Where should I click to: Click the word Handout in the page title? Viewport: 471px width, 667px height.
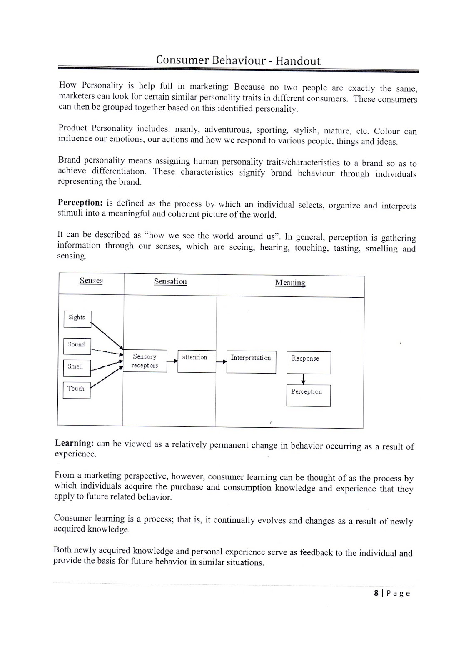click(298, 61)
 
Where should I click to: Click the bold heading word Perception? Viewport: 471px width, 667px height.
click(80, 203)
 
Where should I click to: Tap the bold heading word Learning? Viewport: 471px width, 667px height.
click(74, 443)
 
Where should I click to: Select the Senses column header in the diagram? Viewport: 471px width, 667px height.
click(91, 281)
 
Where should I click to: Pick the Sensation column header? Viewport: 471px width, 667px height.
click(170, 281)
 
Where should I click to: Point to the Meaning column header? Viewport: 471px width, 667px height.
click(290, 283)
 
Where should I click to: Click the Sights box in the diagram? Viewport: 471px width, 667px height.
click(77, 318)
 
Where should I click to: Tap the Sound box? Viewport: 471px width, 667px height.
click(77, 345)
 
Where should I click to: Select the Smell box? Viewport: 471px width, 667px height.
click(76, 367)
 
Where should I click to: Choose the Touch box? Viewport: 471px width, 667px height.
click(76, 389)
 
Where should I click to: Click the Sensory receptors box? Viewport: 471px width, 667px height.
click(145, 361)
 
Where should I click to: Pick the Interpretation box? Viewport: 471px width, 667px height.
click(251, 361)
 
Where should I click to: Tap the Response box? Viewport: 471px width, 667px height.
click(308, 362)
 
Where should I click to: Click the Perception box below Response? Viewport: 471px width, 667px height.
click(308, 395)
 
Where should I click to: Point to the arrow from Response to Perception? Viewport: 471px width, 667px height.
click(303, 379)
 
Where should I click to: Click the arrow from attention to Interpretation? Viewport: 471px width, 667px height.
click(221, 361)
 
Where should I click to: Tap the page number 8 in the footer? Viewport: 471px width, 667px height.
click(376, 593)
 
